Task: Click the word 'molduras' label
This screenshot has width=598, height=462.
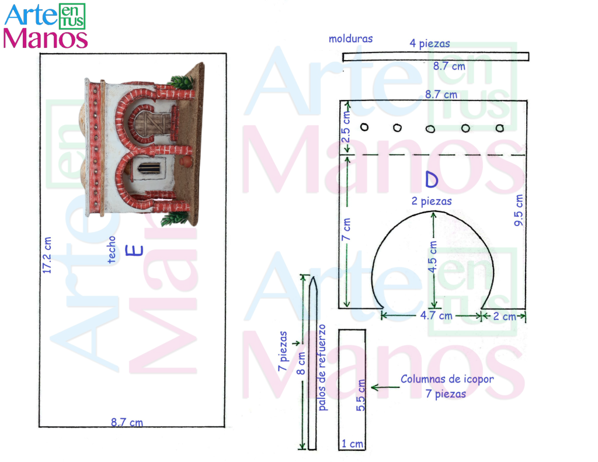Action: click(350, 39)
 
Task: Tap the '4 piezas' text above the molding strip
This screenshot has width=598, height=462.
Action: click(429, 43)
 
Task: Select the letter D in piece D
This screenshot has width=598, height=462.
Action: click(432, 179)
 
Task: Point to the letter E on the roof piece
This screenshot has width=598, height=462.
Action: click(135, 251)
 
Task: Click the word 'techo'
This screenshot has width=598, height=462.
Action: click(112, 250)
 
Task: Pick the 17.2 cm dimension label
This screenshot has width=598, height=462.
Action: click(47, 255)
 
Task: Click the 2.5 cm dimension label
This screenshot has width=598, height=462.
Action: click(346, 127)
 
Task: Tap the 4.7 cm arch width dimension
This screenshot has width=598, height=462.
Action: click(436, 316)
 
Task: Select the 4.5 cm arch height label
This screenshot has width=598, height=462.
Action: click(432, 257)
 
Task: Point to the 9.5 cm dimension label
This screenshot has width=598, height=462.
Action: click(519, 210)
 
